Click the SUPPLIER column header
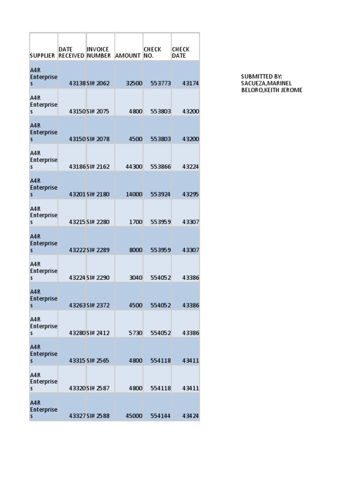tap(43, 55)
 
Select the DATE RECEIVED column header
tap(71, 52)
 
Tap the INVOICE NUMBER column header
tap(98, 52)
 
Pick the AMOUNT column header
tap(127, 55)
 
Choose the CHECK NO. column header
tap(152, 52)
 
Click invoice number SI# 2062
tap(98, 83)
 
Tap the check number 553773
tap(161, 83)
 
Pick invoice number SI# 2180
tap(98, 194)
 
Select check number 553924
tap(161, 194)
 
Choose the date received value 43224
tap(77, 277)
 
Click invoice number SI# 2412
tap(98, 333)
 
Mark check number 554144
tap(161, 416)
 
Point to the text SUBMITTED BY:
tap(262, 76)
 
